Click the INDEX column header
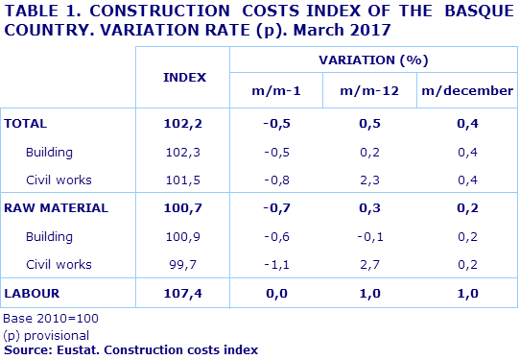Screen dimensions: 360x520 point(184,77)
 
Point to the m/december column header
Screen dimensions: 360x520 point(465,91)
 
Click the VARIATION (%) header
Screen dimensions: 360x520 point(371,60)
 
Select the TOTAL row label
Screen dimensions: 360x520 point(26,124)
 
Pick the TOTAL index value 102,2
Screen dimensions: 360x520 point(184,124)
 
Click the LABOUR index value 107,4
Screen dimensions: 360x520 point(184,292)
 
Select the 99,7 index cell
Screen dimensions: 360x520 point(184,264)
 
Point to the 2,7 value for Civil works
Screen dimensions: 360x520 point(371,264)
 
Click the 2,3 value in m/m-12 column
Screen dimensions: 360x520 point(371,180)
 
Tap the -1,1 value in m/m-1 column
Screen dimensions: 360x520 point(277,264)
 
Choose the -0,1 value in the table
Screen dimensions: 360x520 point(371,236)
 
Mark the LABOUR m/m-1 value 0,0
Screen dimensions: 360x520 point(277,292)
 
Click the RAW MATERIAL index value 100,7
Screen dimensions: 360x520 point(184,207)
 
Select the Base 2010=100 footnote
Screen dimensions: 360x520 point(51,318)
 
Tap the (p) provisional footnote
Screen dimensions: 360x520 point(47,334)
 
